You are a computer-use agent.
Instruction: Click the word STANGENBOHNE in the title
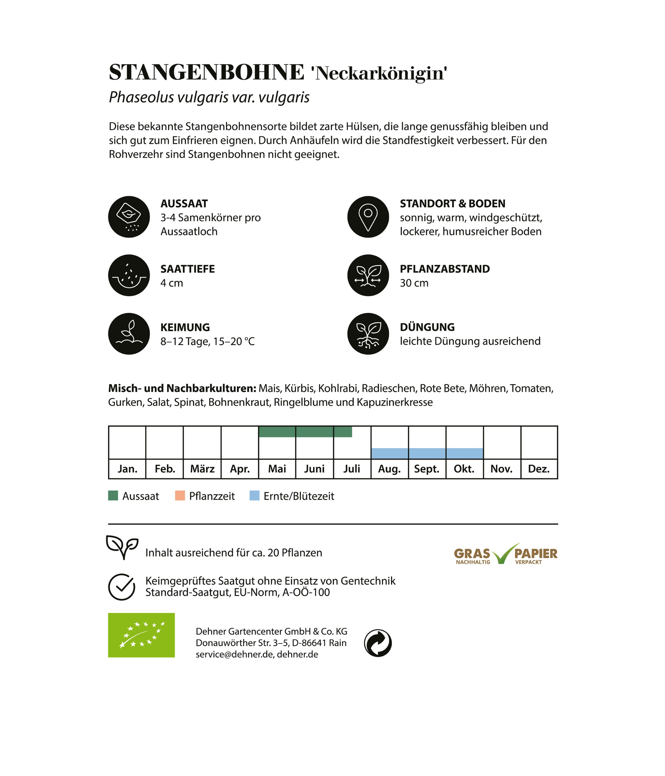[x=206, y=72]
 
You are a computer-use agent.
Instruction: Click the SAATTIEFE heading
[x=188, y=269]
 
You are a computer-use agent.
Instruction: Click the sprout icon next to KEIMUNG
[x=129, y=334]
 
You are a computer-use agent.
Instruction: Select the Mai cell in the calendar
[x=277, y=469]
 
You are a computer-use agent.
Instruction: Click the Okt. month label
[x=464, y=469]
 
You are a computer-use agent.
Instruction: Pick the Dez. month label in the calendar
[x=539, y=469]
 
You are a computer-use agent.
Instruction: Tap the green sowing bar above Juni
[x=314, y=432]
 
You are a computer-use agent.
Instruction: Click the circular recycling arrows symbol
[x=378, y=643]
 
